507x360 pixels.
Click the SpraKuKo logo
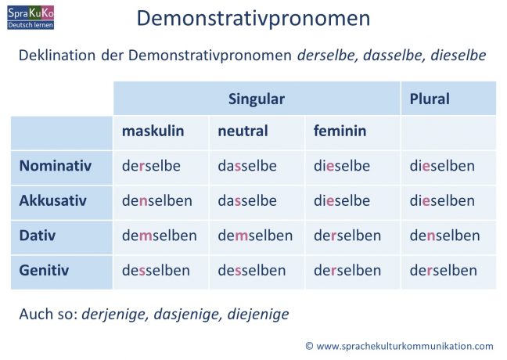[x=31, y=16]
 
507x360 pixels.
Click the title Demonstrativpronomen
[x=253, y=18]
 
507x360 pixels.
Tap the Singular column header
[x=257, y=99]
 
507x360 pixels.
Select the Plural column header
[x=430, y=99]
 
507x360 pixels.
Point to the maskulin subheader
[x=153, y=131]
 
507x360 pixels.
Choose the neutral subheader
[x=243, y=131]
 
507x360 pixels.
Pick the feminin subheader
[x=340, y=131]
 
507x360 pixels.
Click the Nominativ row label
[x=56, y=166]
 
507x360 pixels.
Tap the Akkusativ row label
[x=53, y=200]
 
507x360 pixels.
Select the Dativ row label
[x=38, y=235]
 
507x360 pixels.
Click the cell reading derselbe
[x=151, y=166]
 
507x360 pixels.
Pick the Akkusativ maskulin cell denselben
[x=157, y=200]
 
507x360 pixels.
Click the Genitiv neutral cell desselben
[x=252, y=270]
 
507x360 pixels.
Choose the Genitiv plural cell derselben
[x=444, y=270]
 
